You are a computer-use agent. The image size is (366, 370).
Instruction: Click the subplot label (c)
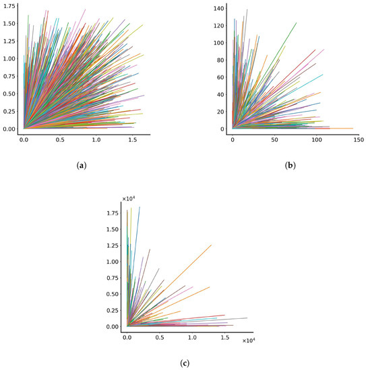click(185, 363)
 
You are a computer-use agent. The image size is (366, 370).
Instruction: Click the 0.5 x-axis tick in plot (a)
click(60, 141)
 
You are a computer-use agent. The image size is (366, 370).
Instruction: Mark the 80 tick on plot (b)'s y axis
click(219, 59)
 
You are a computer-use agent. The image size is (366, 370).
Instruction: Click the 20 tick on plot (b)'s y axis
click(219, 111)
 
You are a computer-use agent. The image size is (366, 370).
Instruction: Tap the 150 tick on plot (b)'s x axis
click(358, 140)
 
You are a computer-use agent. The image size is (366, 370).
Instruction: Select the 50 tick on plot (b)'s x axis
click(274, 140)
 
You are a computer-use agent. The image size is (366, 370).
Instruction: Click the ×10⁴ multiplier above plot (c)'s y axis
click(129, 198)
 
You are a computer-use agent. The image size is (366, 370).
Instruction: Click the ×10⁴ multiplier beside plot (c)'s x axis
click(248, 341)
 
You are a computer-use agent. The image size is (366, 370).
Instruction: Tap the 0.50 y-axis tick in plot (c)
click(113, 294)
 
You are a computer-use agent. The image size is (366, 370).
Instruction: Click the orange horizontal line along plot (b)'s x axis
click(337, 128)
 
